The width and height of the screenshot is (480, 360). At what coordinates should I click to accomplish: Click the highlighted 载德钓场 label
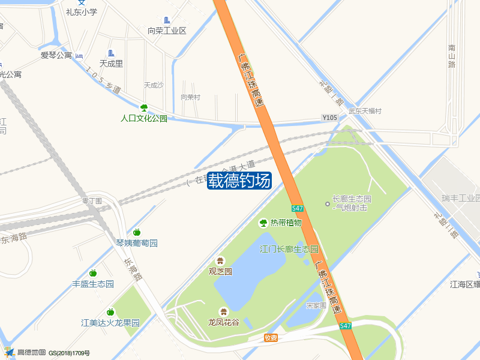coord(239,181)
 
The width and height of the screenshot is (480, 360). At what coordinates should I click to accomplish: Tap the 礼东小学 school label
coord(81,12)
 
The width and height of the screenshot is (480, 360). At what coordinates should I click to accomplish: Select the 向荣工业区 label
coord(167,31)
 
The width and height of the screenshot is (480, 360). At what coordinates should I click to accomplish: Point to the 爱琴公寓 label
coord(56,55)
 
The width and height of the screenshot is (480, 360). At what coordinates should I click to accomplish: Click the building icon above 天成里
coord(111,53)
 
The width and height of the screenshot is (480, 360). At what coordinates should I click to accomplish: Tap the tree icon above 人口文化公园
coord(144,108)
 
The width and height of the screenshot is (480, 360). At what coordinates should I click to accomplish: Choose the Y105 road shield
coord(329,118)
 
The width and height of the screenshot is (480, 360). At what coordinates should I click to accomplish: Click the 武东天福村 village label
coord(365,111)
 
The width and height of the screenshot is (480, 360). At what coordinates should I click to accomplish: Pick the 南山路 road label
coord(452,56)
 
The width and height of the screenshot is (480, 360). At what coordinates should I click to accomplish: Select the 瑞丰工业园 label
coord(460,198)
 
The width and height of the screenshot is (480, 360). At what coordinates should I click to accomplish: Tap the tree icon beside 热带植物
coord(263,223)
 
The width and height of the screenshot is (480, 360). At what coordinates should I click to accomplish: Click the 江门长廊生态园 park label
coord(289,249)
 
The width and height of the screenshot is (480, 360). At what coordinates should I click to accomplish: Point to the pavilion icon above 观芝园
coord(220,260)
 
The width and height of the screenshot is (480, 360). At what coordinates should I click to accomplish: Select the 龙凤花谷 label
coord(223,322)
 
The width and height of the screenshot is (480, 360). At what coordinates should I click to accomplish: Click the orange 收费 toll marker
coord(271,338)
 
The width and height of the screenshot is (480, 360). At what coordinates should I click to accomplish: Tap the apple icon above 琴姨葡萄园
coord(137,232)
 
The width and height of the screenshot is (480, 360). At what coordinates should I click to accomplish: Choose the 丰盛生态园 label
coord(93,284)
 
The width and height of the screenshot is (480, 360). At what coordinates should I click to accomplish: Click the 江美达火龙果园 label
coord(110,323)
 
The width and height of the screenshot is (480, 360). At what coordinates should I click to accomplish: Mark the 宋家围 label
coord(316,305)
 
